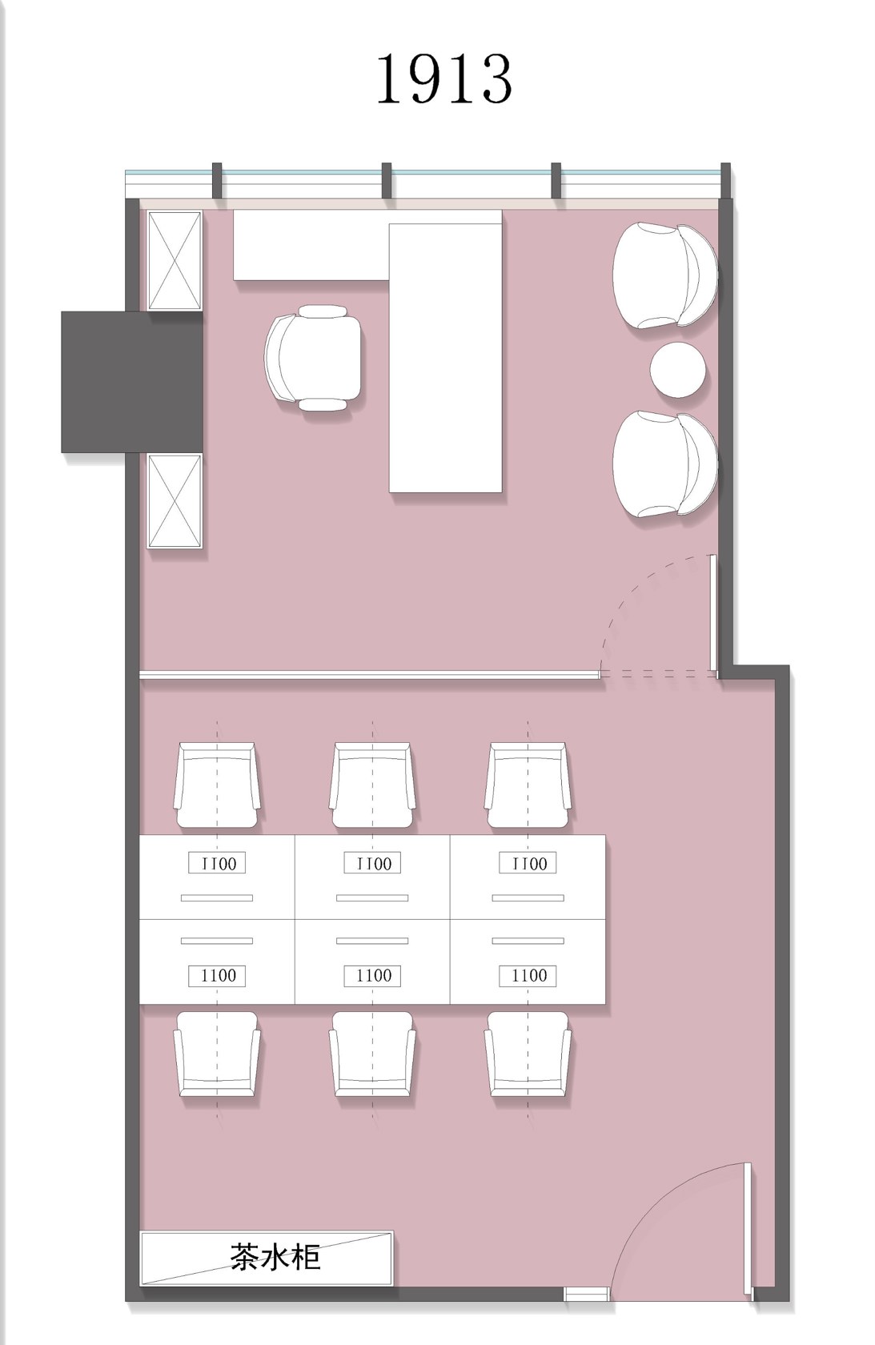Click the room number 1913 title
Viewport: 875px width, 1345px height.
[444, 78]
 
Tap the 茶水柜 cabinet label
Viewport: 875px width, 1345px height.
[275, 1257]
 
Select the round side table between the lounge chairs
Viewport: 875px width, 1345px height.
[676, 370]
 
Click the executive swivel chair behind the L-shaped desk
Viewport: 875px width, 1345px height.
[313, 358]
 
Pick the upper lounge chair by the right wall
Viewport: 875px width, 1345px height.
[664, 275]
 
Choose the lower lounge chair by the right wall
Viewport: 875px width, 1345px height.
[664, 464]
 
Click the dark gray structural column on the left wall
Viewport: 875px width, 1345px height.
[132, 382]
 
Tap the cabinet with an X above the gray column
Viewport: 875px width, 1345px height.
[175, 261]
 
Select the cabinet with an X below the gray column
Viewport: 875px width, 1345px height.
[175, 501]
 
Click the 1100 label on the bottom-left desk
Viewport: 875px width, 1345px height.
[217, 976]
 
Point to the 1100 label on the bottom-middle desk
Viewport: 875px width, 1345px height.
[372, 976]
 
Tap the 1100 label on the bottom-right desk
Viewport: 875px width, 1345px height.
[528, 976]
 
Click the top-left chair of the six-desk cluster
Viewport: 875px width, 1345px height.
[217, 785]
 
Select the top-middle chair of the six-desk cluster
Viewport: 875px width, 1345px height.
[372, 785]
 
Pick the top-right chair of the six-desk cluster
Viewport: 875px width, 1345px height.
[528, 785]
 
